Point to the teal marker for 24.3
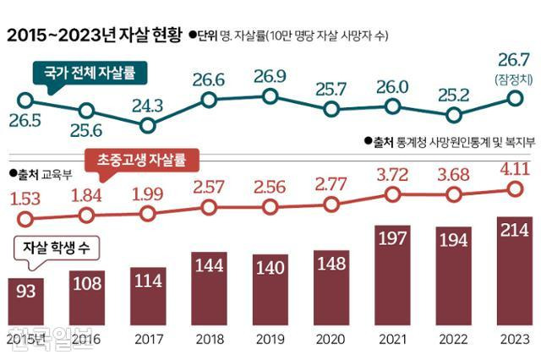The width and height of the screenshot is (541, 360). [148, 126]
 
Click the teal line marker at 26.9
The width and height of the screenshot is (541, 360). [270, 96]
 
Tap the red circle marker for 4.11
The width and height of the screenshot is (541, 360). [513, 189]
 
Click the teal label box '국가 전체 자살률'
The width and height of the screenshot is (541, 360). [90, 74]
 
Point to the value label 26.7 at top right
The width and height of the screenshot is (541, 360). [513, 61]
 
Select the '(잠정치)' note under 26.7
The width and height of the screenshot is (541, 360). [513, 79]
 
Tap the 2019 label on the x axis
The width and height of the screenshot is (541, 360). [270, 339]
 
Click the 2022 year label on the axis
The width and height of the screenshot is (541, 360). [452, 339]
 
